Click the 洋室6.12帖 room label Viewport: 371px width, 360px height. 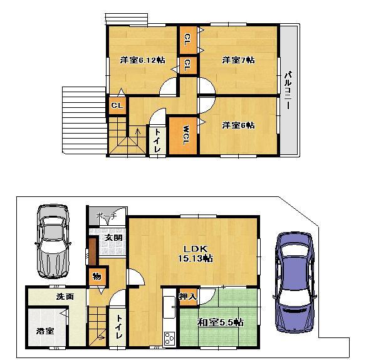[142, 60]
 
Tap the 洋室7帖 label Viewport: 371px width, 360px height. [238, 60]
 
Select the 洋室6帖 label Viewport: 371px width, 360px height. [238, 125]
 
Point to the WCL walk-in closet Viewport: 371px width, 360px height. [183, 135]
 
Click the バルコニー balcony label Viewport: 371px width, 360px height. [288, 90]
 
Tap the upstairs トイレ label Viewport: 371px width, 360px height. [157, 141]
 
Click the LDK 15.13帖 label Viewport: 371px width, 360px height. [196, 253]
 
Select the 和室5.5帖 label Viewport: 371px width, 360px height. [221, 322]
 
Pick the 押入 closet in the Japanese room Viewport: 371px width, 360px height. [189, 297]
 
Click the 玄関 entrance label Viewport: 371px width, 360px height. [113, 237]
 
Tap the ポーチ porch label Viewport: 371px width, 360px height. [107, 216]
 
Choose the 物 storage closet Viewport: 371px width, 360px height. [97, 277]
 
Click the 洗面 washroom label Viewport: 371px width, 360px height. [65, 297]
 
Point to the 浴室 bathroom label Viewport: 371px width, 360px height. [45, 331]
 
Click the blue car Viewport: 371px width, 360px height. [295, 283]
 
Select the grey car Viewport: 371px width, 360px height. [53, 241]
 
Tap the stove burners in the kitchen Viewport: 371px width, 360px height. [169, 338]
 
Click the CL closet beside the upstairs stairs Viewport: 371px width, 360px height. [117, 105]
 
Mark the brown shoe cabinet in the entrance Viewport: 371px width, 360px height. [93, 251]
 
